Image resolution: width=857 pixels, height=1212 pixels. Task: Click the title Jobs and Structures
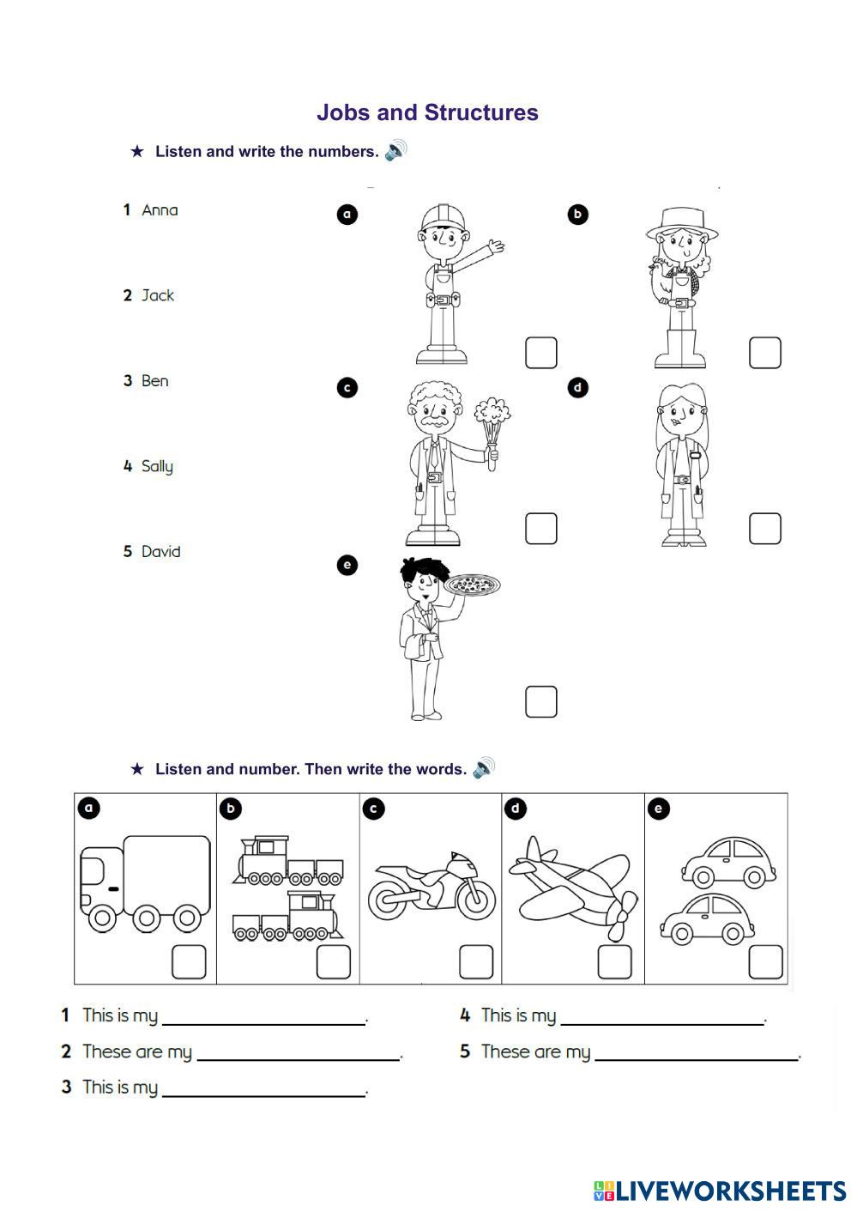pyautogui.click(x=427, y=112)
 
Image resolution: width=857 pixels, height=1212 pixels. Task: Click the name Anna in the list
pyautogui.click(x=160, y=210)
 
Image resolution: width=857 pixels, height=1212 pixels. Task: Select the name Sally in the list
pyautogui.click(x=157, y=466)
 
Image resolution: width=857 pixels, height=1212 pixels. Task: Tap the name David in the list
pyautogui.click(x=160, y=552)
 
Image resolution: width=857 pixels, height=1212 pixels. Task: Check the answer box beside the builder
pyautogui.click(x=540, y=353)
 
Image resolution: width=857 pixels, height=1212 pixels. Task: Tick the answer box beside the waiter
pyautogui.click(x=540, y=701)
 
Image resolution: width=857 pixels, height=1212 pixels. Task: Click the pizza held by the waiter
pyautogui.click(x=472, y=586)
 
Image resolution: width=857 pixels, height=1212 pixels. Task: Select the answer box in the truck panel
pyautogui.click(x=189, y=961)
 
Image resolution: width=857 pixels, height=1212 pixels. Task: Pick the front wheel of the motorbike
pyautogui.click(x=475, y=897)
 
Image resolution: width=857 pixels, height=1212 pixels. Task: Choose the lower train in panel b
pyautogui.click(x=288, y=918)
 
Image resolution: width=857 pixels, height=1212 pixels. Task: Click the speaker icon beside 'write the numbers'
pyautogui.click(x=395, y=151)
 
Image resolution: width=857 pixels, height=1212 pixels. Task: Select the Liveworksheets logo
pyautogui.click(x=719, y=1190)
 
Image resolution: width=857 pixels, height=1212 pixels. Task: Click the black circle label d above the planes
pyautogui.click(x=516, y=809)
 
